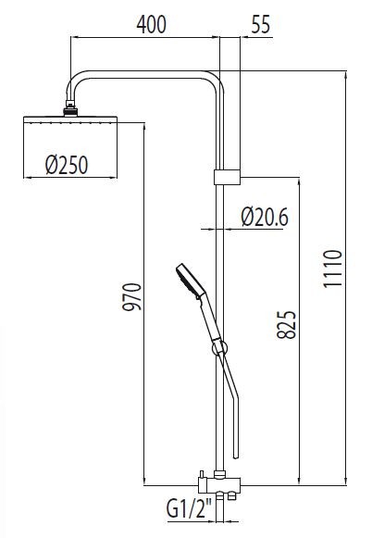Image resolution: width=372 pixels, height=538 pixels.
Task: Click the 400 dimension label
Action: [151, 24]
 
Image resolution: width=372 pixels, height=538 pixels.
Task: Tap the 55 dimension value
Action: [261, 24]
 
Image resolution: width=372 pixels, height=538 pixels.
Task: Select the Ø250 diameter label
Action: [67, 165]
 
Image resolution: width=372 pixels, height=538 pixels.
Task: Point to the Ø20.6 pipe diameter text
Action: [265, 217]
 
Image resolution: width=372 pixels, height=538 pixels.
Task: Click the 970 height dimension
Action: [132, 297]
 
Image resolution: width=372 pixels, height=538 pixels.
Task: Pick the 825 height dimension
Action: [286, 325]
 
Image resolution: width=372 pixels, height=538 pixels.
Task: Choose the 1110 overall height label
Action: [333, 269]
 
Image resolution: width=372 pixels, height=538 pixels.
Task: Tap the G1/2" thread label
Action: [190, 508]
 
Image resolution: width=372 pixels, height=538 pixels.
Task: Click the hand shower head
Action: [191, 280]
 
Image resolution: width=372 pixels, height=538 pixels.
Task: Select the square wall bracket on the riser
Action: [227, 177]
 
